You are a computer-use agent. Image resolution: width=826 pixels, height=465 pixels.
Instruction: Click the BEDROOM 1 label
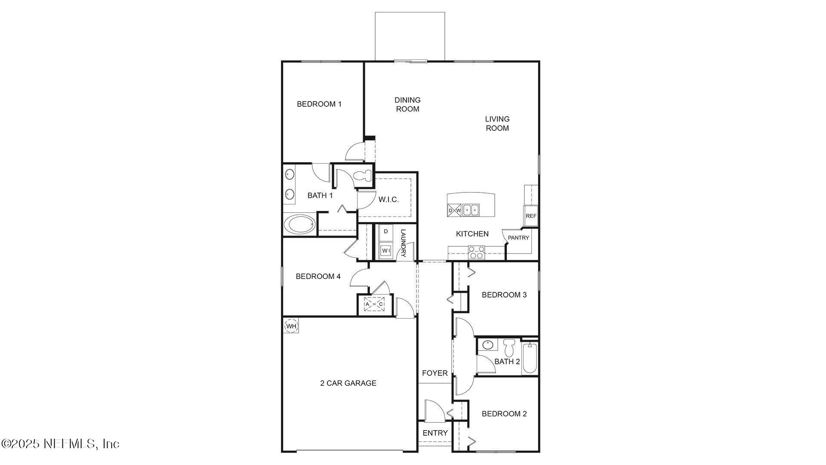[x=319, y=104]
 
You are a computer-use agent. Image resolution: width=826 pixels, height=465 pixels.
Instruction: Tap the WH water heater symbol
[x=291, y=326]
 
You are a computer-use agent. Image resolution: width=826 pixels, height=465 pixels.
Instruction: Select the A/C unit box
[x=374, y=304]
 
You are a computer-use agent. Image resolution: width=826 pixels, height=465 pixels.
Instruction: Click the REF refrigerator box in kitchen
[x=531, y=216]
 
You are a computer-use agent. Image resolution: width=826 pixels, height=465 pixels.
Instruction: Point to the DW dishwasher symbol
[x=454, y=211]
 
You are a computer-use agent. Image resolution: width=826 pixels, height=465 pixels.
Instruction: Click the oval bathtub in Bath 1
[x=300, y=225]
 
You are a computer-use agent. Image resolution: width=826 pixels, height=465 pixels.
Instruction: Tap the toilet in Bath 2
[x=509, y=347]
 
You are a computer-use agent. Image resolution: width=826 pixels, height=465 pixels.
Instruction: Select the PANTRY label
[x=518, y=238]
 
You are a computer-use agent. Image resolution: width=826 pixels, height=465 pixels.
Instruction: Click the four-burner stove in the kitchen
[x=476, y=252]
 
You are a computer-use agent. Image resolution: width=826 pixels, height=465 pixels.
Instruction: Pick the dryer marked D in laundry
[x=386, y=232]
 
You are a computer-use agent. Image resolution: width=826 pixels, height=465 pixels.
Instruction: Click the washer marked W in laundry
[x=385, y=250]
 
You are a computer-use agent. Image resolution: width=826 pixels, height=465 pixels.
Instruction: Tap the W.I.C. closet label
[x=388, y=200]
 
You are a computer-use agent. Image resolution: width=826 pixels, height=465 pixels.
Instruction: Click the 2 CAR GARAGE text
[x=348, y=383]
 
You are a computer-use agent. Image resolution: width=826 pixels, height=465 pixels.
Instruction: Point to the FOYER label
[x=435, y=373]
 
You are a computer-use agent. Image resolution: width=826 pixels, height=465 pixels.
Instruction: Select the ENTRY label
[x=435, y=433]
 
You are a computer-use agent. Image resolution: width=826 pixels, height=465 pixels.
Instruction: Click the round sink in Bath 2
[x=488, y=345]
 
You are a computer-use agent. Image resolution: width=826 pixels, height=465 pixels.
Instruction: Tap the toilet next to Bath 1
[x=362, y=176]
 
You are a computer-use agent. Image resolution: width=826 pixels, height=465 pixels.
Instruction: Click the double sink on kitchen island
[x=471, y=210]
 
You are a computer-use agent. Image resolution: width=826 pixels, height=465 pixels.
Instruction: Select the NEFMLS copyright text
[x=60, y=443]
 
